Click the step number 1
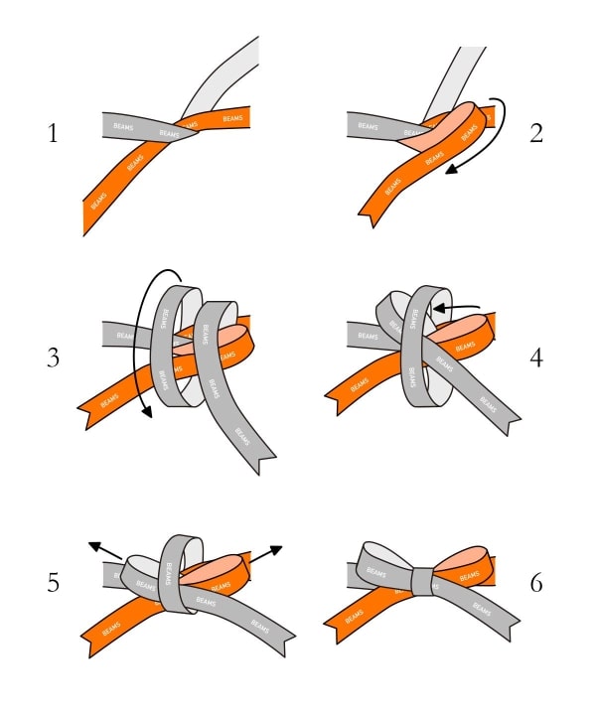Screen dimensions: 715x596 point(54,133)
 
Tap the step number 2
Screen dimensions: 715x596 point(536,133)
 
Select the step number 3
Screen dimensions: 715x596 point(55,357)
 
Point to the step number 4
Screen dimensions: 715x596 point(536,357)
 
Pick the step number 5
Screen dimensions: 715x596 point(54,582)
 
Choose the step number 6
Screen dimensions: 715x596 point(536,582)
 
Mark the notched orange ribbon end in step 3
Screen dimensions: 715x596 point(91,412)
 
